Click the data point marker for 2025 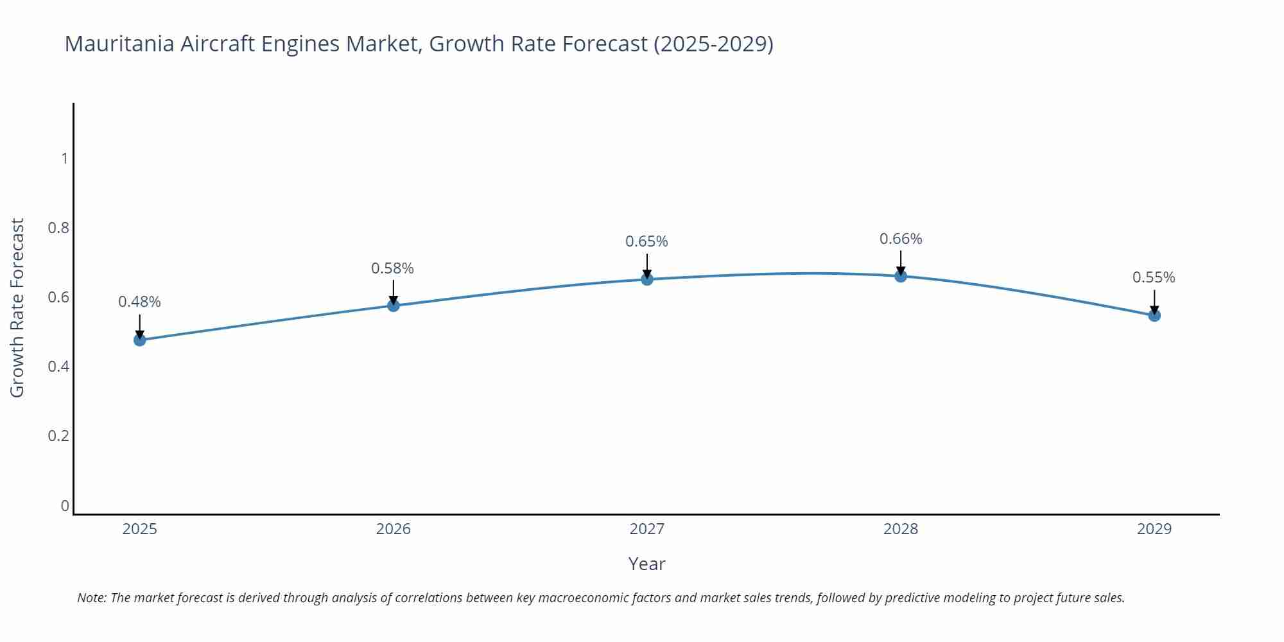140,340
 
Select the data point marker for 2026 394,305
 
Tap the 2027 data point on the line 647,279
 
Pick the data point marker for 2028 901,276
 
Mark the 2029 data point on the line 1154,315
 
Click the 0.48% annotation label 139,302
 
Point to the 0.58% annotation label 392,268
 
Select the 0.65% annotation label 646,241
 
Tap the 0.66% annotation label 901,239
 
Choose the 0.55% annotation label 1154,277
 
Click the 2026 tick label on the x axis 394,529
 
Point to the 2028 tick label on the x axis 901,529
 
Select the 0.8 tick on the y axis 58,228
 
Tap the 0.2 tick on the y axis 58,436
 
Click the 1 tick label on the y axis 64,158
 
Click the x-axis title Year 646,564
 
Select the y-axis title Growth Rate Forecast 17,308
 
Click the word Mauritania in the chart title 119,44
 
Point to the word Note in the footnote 91,598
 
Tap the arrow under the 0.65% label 647,265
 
